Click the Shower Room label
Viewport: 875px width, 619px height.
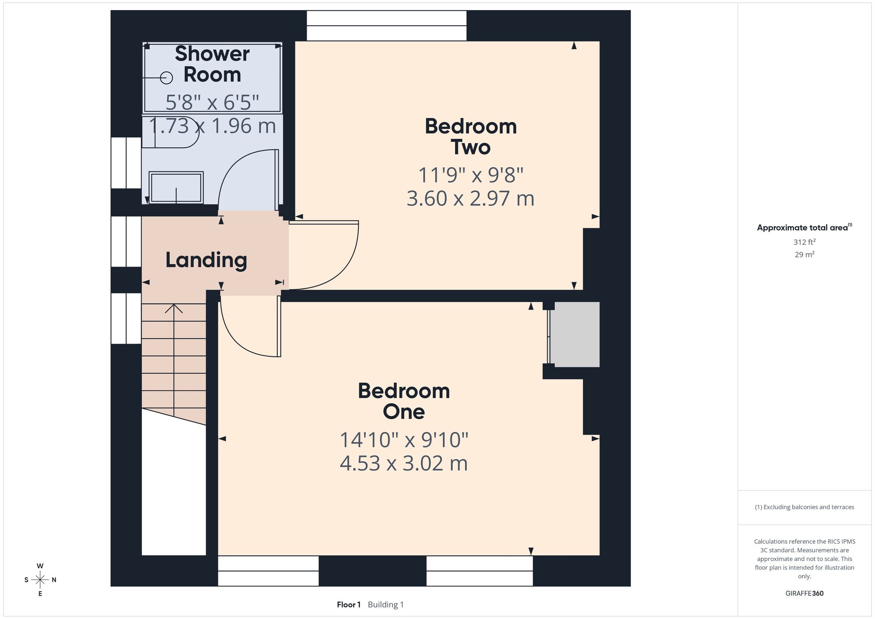(212, 64)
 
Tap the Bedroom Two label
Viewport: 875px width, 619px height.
(471, 137)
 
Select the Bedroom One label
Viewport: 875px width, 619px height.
(404, 401)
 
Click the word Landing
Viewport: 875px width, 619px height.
(206, 260)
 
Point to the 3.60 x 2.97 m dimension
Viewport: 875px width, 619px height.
(471, 198)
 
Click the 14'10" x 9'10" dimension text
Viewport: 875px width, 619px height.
(404, 440)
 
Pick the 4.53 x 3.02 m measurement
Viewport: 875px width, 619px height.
(404, 463)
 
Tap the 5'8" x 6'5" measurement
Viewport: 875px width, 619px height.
(212, 102)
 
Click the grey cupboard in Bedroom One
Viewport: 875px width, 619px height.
(574, 334)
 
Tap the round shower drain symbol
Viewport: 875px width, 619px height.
(166, 78)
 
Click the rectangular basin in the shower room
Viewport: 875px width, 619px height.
(176, 187)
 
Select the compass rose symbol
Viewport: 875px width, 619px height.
(40, 580)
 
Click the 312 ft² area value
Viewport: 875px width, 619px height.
(804, 242)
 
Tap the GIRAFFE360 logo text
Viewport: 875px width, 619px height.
(805, 594)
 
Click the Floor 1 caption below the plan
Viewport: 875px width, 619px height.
(349, 605)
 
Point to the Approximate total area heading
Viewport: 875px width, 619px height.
(805, 227)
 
